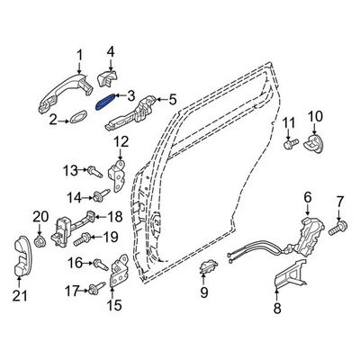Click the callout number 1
[x=79, y=56]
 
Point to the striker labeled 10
[x=288, y=142]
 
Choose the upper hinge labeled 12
[x=93, y=169]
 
